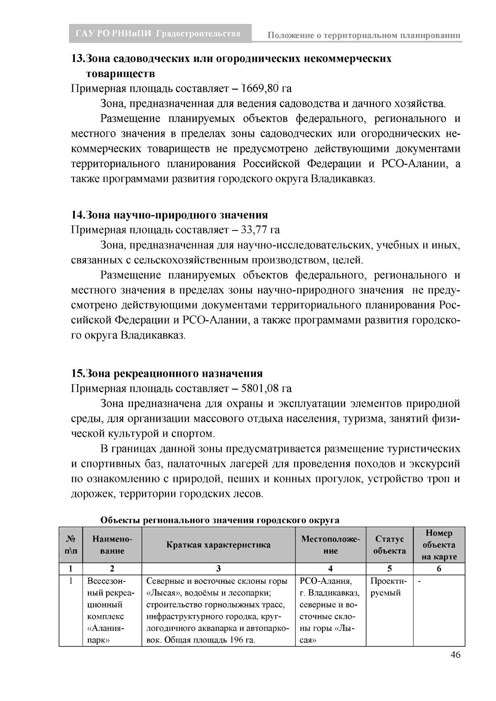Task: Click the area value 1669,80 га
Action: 267,89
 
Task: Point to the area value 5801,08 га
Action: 267,389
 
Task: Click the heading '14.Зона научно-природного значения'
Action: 169,215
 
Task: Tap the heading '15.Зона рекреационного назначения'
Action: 167,374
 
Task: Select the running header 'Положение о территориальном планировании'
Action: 364,36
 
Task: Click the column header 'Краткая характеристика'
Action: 219,545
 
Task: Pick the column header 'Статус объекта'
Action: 390,545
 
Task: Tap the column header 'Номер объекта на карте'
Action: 439,545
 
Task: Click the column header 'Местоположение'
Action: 331,545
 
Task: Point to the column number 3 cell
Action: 219,569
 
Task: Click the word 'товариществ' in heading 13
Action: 121,74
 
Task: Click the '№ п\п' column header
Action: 71,545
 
